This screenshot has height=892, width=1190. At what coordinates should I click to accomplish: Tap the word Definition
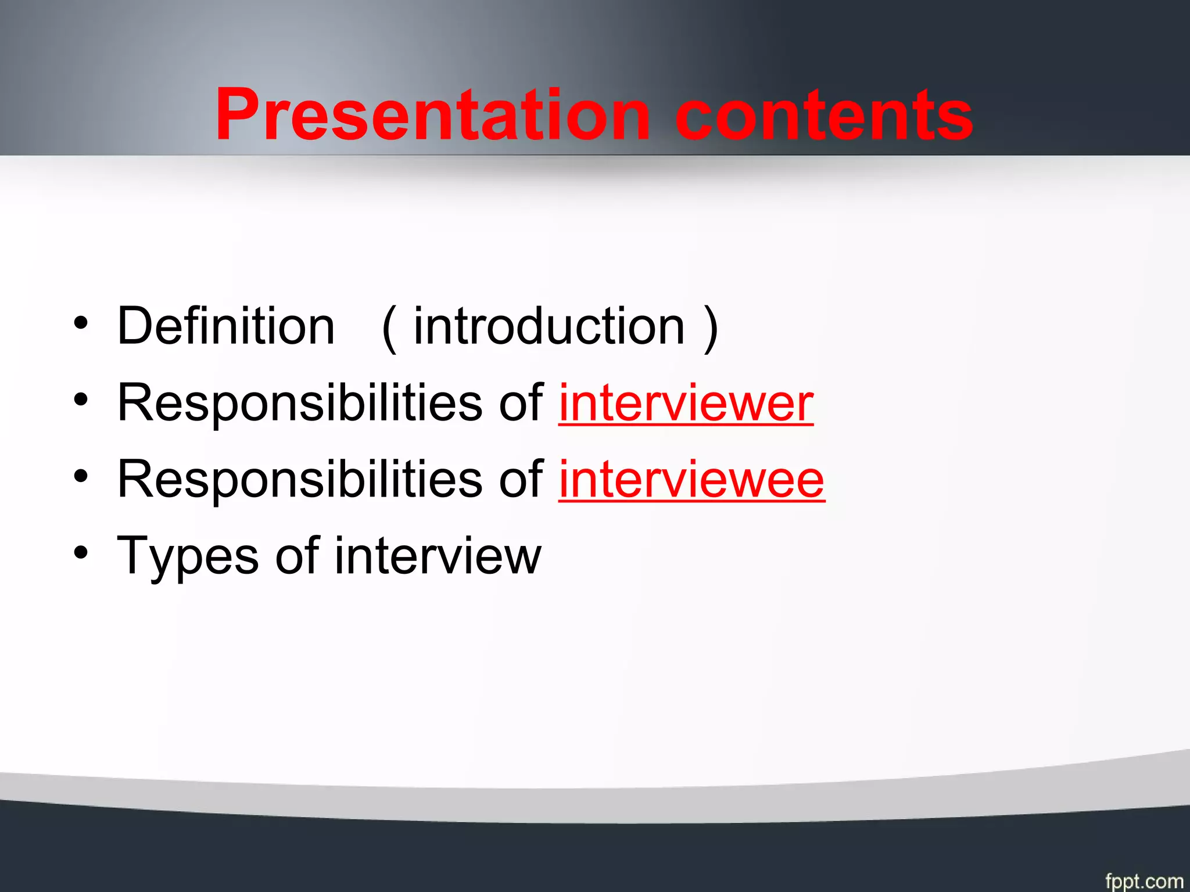[x=226, y=326]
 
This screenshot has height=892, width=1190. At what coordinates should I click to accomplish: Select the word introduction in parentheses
[x=549, y=326]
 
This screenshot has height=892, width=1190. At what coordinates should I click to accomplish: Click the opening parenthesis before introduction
[x=390, y=329]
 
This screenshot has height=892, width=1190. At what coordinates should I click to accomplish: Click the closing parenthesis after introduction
[x=710, y=329]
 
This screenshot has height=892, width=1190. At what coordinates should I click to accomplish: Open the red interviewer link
[x=686, y=403]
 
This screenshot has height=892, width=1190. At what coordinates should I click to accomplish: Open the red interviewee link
[x=691, y=480]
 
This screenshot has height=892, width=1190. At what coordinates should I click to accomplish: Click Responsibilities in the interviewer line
[x=299, y=403]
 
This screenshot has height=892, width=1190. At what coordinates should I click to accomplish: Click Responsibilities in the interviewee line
[x=299, y=480]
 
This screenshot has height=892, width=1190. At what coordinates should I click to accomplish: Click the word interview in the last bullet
[x=438, y=556]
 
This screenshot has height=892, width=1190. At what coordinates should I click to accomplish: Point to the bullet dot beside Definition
[x=81, y=323]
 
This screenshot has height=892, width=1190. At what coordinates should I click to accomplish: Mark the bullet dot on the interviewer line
[x=81, y=400]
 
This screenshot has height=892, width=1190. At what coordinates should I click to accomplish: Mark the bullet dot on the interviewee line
[x=81, y=476]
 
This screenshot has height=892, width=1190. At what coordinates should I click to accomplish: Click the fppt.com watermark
[x=1144, y=880]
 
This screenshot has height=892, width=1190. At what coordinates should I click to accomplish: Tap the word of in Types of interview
[x=297, y=556]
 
